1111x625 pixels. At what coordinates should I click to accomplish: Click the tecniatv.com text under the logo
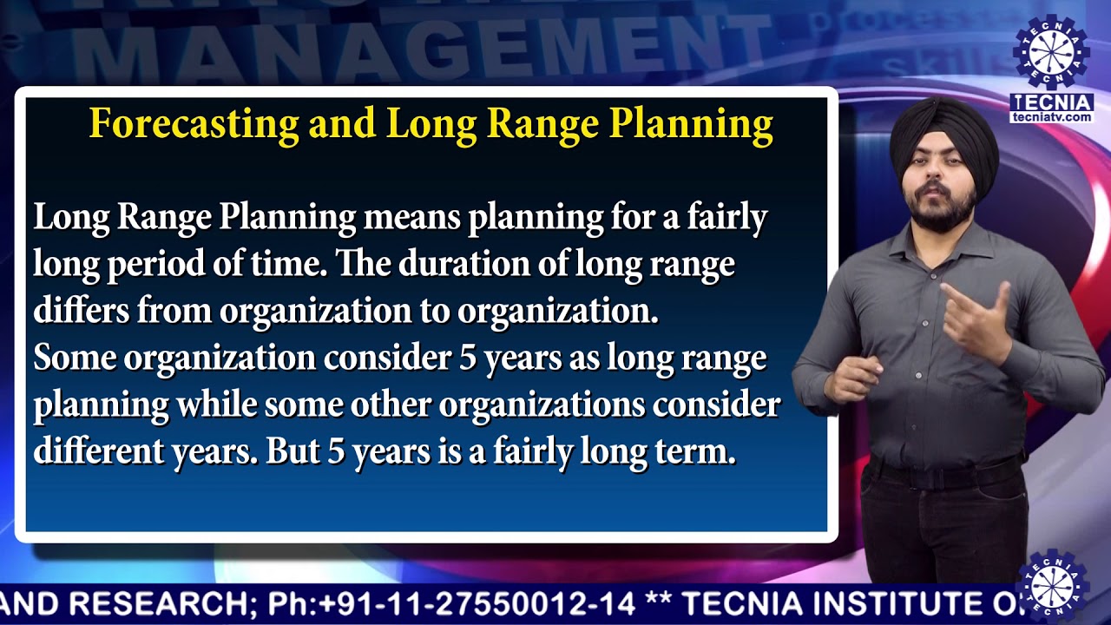tap(1051, 116)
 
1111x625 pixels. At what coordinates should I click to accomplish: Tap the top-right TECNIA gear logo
tap(1051, 51)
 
